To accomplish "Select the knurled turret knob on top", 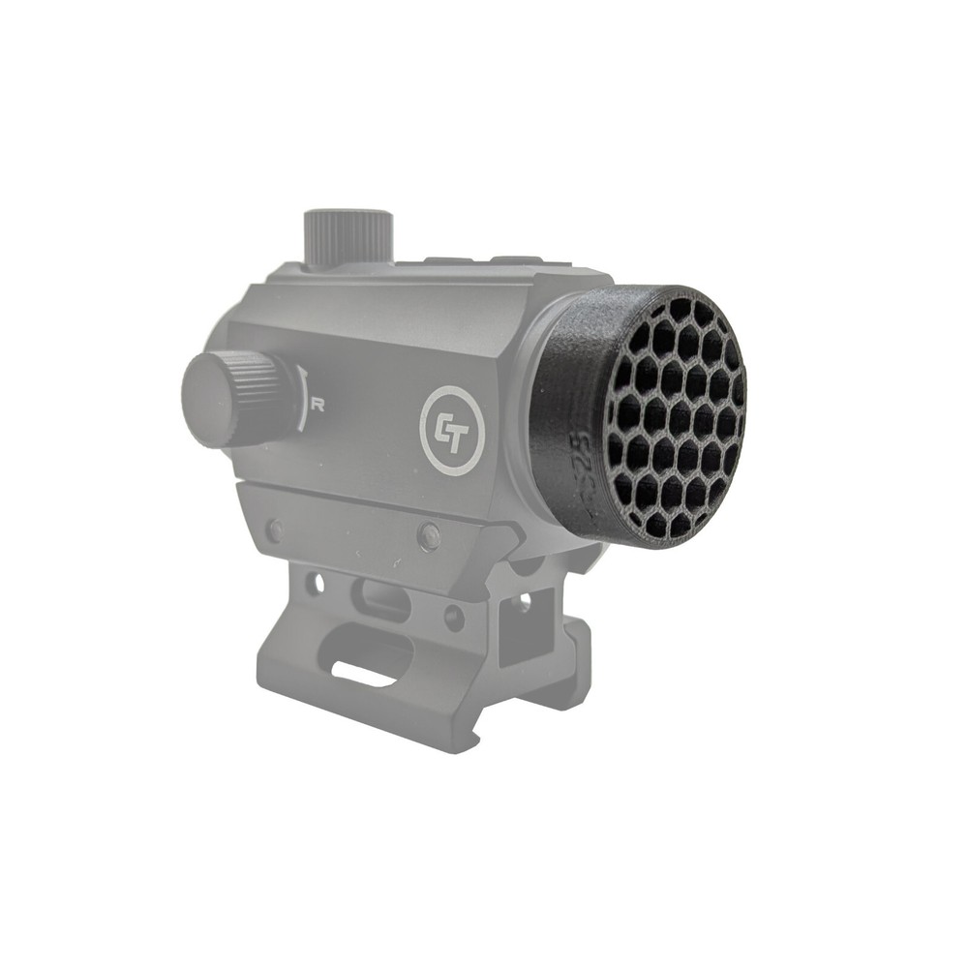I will tap(348, 237).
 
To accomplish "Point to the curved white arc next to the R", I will tap(303, 399).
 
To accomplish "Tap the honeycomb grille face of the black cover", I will tap(675, 416).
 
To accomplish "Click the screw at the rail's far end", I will tap(276, 530).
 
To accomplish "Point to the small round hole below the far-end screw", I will tap(313, 584).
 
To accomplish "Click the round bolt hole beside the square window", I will tap(453, 616).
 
